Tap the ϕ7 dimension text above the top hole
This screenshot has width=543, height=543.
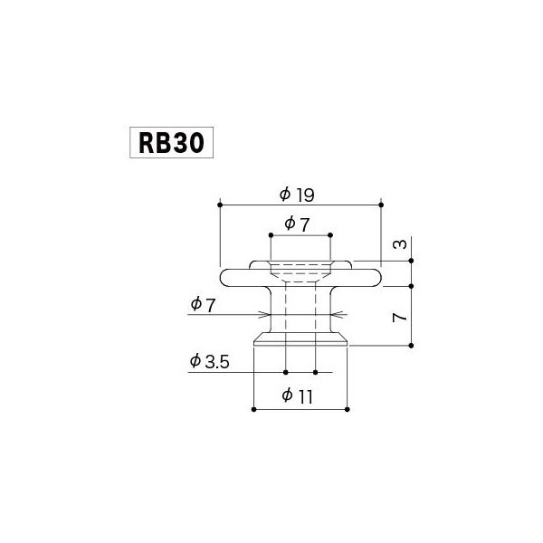(299, 223)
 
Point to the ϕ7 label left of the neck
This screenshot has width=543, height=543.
(203, 305)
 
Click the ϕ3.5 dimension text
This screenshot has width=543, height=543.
(211, 361)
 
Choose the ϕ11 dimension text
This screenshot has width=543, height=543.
(299, 395)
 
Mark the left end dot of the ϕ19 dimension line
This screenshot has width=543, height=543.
(219, 205)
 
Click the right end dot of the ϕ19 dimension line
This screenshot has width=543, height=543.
(380, 205)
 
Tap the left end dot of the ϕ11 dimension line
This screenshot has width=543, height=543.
(252, 409)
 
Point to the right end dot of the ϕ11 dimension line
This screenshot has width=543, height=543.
(348, 409)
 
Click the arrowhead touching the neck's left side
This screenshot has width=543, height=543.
(268, 315)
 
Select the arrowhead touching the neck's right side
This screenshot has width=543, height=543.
(335, 315)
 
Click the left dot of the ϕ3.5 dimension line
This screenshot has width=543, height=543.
(285, 372)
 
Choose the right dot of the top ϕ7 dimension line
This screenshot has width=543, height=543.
(330, 234)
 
